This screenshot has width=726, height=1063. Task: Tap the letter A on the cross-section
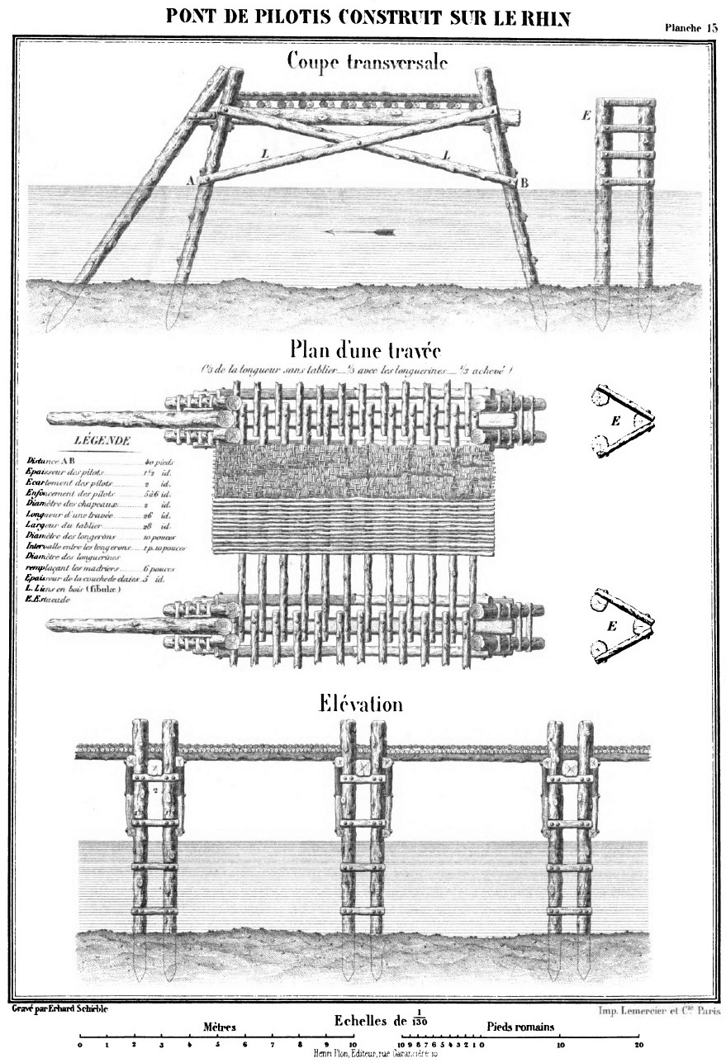pyautogui.click(x=191, y=179)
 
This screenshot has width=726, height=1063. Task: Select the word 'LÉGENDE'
pyautogui.click(x=100, y=442)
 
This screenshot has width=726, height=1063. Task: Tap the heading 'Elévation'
pyautogui.click(x=361, y=704)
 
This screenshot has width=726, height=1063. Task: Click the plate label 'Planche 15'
pyautogui.click(x=691, y=27)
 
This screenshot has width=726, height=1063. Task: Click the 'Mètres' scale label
pyautogui.click(x=220, y=1027)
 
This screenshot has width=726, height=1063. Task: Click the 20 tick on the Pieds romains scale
pyautogui.click(x=639, y=1045)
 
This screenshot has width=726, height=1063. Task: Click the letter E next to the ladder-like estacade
pyautogui.click(x=586, y=115)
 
